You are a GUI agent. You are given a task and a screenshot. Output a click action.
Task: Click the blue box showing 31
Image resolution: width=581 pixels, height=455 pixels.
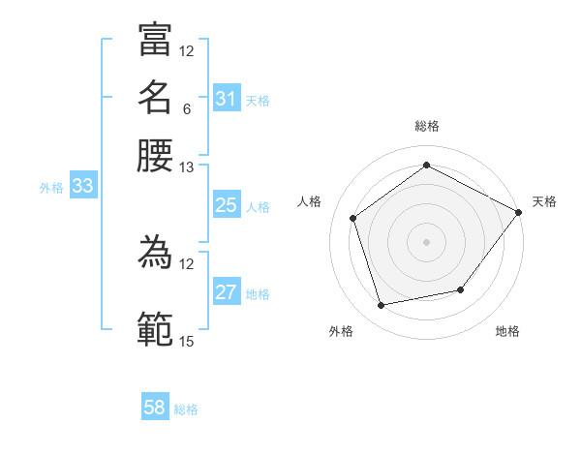(x=227, y=99)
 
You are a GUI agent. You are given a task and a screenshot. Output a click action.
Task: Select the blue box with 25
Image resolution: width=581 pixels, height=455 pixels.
(x=227, y=205)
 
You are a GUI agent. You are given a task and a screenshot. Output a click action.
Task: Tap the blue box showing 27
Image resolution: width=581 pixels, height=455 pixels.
(x=227, y=292)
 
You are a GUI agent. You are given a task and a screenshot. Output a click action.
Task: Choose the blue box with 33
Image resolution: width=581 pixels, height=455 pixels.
(x=82, y=187)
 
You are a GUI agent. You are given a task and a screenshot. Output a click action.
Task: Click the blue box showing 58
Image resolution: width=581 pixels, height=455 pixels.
(x=155, y=408)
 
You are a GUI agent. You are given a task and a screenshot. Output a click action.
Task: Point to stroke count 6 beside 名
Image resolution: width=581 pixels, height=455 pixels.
(x=186, y=109)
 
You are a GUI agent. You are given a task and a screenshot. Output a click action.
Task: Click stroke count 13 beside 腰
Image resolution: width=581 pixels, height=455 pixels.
(x=186, y=167)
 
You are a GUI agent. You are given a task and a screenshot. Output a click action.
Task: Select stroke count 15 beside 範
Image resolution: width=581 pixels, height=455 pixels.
(x=186, y=341)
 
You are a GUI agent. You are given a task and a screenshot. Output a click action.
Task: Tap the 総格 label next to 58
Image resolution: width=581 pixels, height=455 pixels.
(x=186, y=409)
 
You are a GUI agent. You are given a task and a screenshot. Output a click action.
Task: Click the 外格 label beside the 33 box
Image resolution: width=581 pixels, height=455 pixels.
(x=51, y=188)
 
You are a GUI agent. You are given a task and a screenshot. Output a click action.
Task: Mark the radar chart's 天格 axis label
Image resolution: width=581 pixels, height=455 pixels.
(x=544, y=202)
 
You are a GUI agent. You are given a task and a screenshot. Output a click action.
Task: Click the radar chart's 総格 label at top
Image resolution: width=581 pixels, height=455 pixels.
(x=427, y=126)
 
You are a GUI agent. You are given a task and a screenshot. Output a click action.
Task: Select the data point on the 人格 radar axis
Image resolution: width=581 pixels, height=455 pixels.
(x=353, y=218)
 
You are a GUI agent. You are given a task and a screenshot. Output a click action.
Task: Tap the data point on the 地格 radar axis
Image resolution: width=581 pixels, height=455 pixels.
(x=461, y=289)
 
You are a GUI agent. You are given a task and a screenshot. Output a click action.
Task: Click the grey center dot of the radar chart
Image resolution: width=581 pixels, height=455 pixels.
(x=427, y=241)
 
